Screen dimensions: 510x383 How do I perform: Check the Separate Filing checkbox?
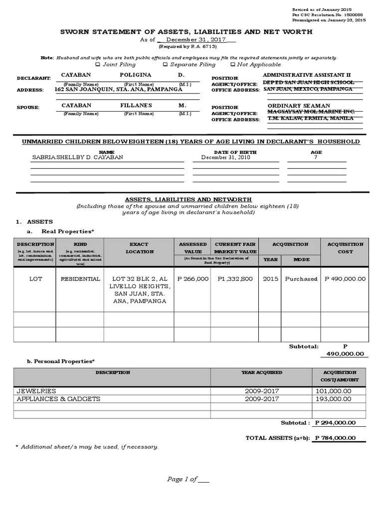tap(165, 65)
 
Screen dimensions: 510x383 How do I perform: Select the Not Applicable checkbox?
tap(232, 65)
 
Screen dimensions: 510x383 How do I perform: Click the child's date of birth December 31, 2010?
tap(222, 157)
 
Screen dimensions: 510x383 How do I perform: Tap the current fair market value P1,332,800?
tap(235, 279)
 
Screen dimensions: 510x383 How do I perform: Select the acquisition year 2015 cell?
tap(270, 279)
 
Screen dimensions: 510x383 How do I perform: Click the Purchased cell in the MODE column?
tap(301, 279)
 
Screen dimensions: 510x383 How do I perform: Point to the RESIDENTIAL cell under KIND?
tap(80, 279)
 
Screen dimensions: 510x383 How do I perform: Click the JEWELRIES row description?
tap(36, 391)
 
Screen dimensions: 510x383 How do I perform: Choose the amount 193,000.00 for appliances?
tap(334, 399)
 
